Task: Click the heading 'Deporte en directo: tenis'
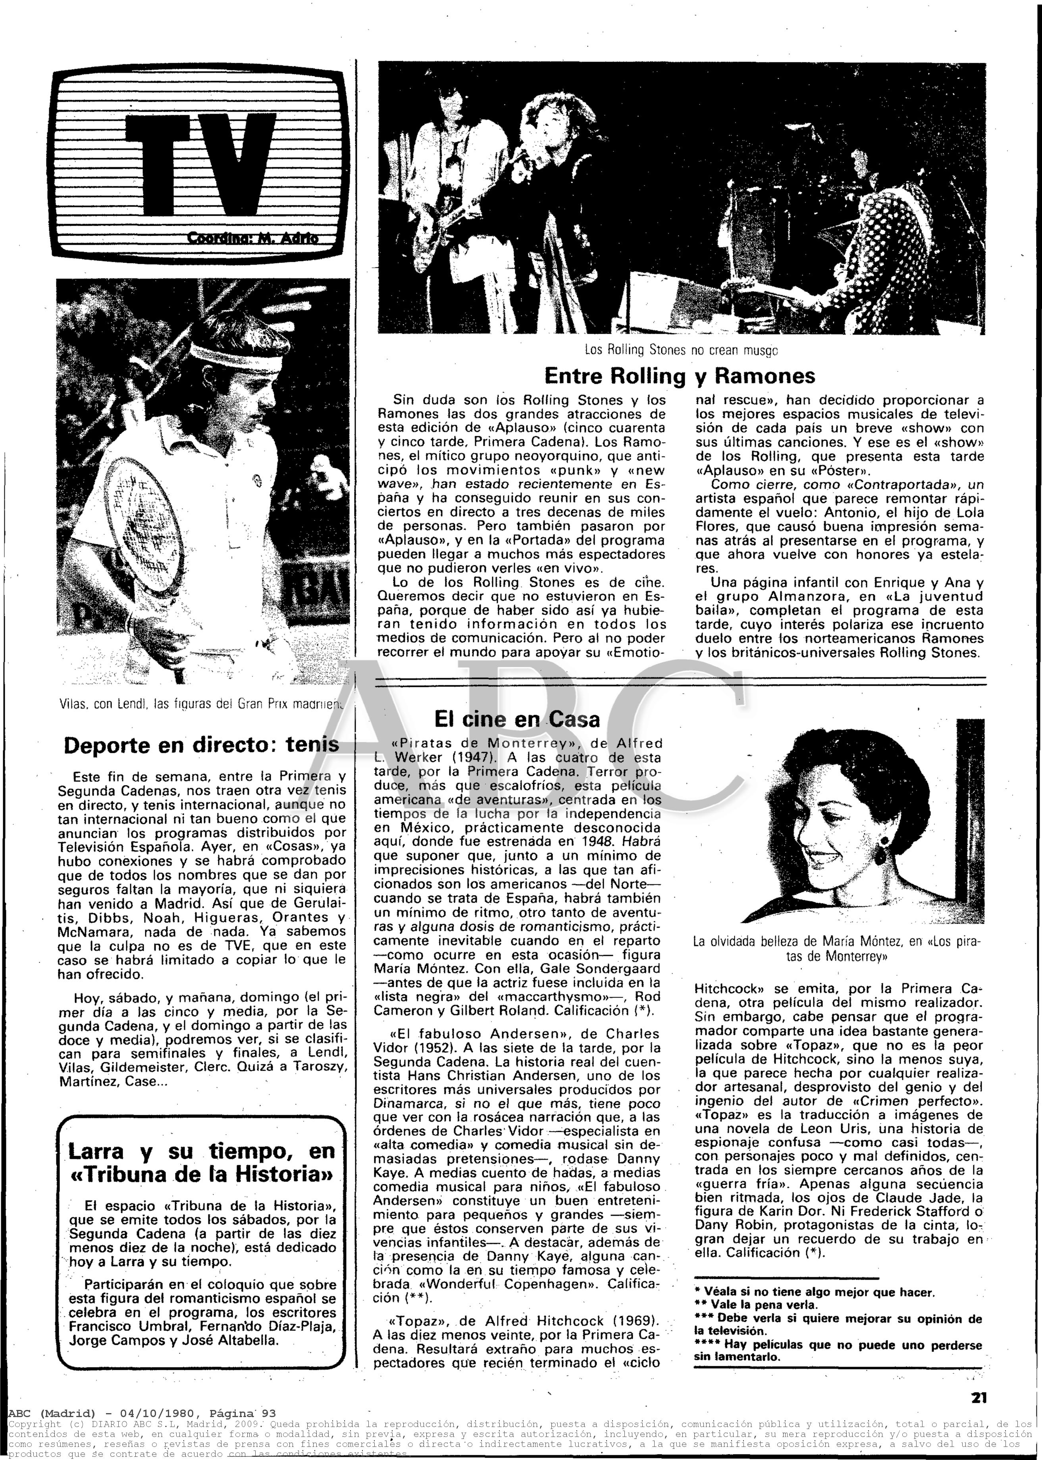[201, 745]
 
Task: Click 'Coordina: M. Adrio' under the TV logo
[252, 239]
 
